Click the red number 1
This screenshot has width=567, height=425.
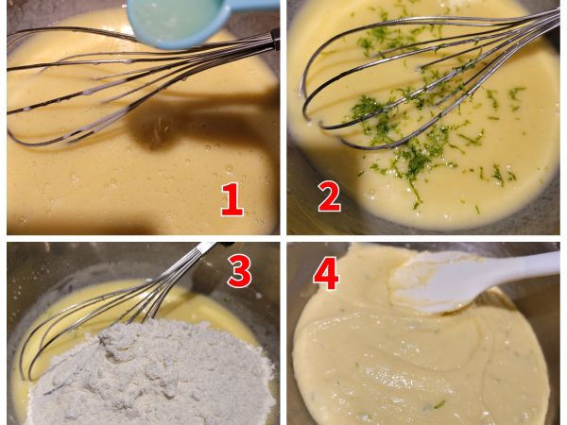pyautogui.click(x=232, y=199)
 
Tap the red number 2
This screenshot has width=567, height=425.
pyautogui.click(x=330, y=196)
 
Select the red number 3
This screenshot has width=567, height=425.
pyautogui.click(x=239, y=271)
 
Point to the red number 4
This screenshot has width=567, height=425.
pyautogui.click(x=326, y=274)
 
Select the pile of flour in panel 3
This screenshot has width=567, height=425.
pyautogui.click(x=152, y=372)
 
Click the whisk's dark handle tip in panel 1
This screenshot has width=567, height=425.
pyautogui.click(x=275, y=39)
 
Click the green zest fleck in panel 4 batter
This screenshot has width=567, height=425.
pyautogui.click(x=439, y=405)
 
